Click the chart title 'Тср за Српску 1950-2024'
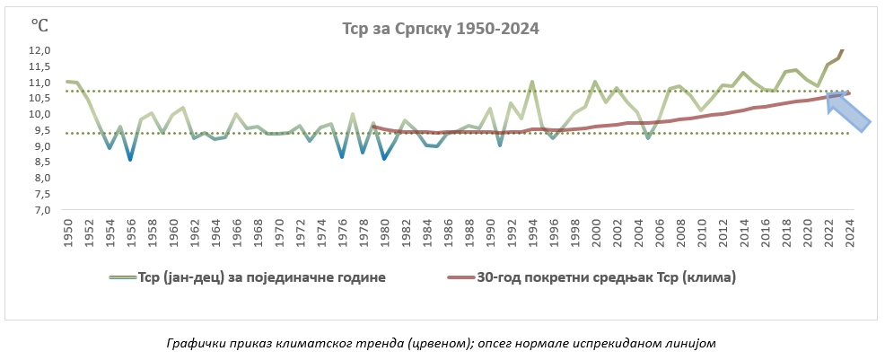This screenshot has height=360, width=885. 441,29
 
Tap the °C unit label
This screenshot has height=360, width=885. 39,25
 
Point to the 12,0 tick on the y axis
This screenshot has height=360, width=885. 39,50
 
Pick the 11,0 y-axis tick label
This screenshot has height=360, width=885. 39,83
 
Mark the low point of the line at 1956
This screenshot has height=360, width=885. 130,159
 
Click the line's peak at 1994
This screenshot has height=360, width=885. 531,82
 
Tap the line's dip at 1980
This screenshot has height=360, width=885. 384,159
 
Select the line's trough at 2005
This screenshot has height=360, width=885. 648,137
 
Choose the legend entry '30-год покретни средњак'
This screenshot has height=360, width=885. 591,277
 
